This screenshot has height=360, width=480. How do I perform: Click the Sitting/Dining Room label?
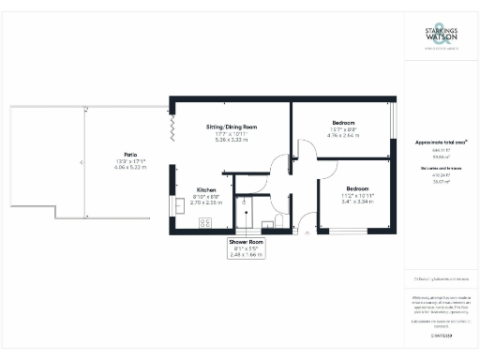tap(232, 127)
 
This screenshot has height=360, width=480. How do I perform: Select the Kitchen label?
tap(207, 188)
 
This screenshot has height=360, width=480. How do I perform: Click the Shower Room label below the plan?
tap(247, 242)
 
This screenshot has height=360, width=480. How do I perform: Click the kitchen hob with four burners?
tap(205, 223)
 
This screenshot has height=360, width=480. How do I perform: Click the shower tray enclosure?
tap(247, 213)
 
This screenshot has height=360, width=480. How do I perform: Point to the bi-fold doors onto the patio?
tap(172, 123)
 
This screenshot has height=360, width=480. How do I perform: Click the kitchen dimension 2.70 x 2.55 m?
tap(207, 202)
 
